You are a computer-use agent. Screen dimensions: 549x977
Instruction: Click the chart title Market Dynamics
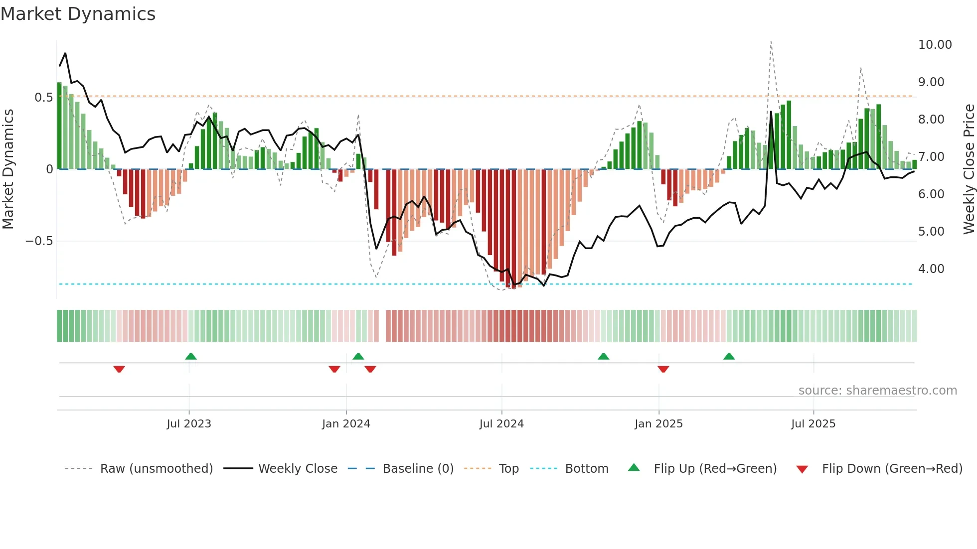(x=78, y=14)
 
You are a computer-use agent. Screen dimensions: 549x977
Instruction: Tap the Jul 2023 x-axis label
(x=189, y=424)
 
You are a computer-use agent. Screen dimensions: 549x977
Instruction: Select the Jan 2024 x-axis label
(x=346, y=424)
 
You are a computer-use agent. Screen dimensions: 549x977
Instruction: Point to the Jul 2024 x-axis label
(x=501, y=424)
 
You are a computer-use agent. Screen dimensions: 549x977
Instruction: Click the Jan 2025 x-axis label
(x=658, y=424)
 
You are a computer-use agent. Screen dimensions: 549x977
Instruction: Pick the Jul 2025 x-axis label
(x=813, y=424)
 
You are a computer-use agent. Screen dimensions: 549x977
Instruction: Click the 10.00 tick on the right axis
(x=935, y=45)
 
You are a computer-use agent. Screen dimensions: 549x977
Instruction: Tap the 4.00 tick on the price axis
(x=931, y=269)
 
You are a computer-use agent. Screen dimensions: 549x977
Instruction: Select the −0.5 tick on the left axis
(x=39, y=241)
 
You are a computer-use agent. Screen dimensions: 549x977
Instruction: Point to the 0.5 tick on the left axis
(x=43, y=97)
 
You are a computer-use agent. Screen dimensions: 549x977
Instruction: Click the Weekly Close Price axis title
(x=969, y=169)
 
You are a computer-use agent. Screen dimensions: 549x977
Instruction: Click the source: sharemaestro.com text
(x=877, y=391)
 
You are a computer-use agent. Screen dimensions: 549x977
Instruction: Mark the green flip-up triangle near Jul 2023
(x=191, y=356)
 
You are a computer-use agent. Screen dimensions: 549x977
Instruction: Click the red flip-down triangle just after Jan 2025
(x=663, y=369)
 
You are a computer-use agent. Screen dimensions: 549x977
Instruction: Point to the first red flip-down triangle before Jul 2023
(x=119, y=369)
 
